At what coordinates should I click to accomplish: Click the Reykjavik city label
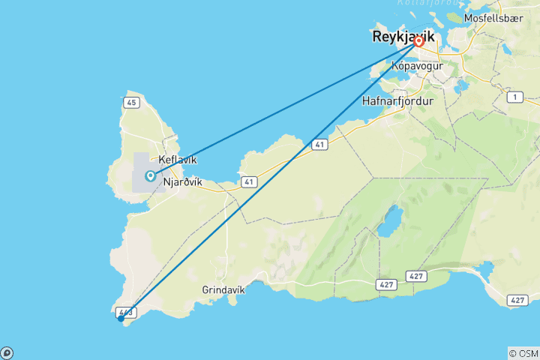point(404,36)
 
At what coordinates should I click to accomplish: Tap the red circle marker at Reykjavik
point(418,42)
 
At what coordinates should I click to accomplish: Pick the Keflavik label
point(178,160)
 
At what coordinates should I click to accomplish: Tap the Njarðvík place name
point(182,181)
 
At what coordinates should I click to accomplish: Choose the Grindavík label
point(223,289)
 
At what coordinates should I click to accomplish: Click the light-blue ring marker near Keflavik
point(151,176)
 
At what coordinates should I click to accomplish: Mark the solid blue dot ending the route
point(121,318)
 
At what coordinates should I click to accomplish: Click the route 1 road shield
point(514,97)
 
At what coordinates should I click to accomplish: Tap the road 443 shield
point(125,311)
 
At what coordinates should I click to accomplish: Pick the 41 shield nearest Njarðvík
point(247,182)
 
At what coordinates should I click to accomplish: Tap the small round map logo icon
point(6,353)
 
